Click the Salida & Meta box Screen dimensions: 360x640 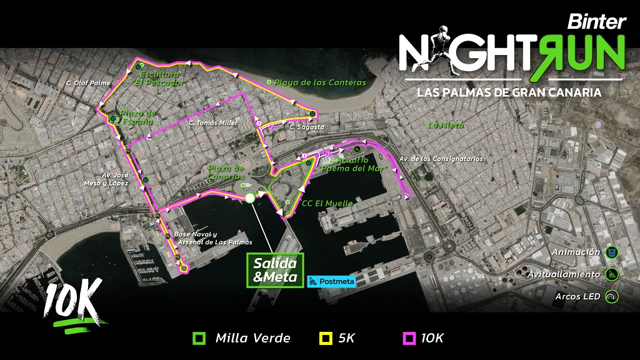click(x=275, y=270)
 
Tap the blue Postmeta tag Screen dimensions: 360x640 click(x=331, y=281)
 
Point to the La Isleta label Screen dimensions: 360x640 click(x=446, y=125)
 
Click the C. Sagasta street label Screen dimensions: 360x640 click(x=307, y=127)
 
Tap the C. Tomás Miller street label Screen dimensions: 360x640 click(x=213, y=123)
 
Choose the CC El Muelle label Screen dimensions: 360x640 click(x=327, y=203)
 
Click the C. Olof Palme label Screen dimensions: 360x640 click(x=88, y=82)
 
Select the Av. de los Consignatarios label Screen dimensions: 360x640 click(x=441, y=159)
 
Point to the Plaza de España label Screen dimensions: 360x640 click(x=136, y=117)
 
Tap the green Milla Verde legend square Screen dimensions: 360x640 click(x=199, y=339)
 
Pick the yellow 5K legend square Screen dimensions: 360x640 click(x=326, y=339)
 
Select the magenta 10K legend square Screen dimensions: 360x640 click(x=408, y=339)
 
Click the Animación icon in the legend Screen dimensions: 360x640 click(x=611, y=252)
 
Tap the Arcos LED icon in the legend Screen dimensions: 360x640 click(x=611, y=296)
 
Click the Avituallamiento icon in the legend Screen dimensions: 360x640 click(x=611, y=274)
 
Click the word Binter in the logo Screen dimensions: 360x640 click(x=596, y=22)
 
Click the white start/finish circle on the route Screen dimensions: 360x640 click(x=250, y=198)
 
